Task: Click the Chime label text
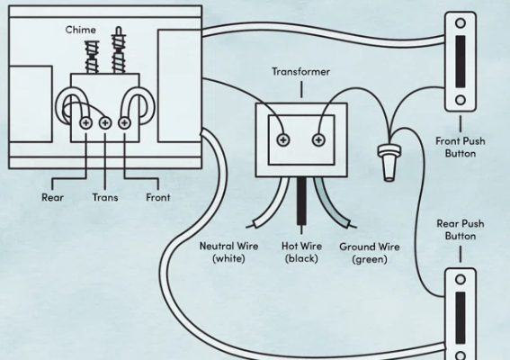(x=81, y=30)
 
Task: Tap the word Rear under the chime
(x=52, y=197)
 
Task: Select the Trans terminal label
(x=105, y=197)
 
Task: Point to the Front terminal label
(x=158, y=197)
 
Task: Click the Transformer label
(x=300, y=72)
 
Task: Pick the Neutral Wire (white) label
(x=229, y=252)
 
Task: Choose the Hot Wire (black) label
(x=301, y=252)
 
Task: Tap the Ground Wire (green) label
(x=370, y=253)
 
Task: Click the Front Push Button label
(x=461, y=147)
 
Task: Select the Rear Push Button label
(x=461, y=229)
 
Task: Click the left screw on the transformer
(x=283, y=140)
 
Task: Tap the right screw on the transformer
(x=318, y=140)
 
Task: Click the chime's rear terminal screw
(x=86, y=123)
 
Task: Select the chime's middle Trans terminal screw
(x=105, y=123)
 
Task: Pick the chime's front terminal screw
(x=124, y=123)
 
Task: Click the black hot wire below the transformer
(x=301, y=202)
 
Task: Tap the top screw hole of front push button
(x=461, y=23)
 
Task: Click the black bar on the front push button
(x=461, y=61)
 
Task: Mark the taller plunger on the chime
(x=119, y=50)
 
